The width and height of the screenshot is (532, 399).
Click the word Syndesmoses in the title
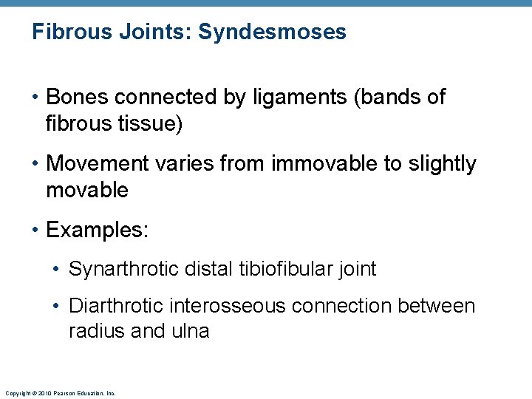tap(273, 33)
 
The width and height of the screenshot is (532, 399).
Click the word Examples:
tap(97, 230)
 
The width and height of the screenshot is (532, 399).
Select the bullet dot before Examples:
tap(36, 231)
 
